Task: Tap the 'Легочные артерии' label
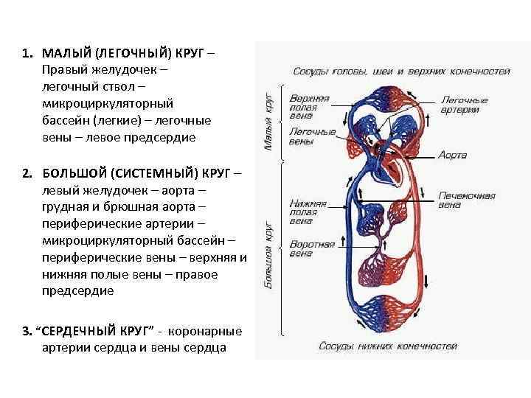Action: coord(464,105)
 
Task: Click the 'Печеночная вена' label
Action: coord(466,200)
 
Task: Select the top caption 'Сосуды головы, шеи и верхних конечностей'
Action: coord(401,71)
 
